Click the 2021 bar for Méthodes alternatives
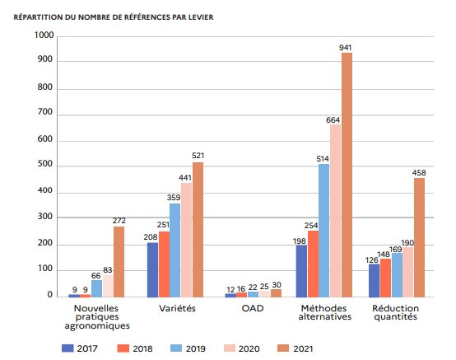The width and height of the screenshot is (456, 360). (x=347, y=175)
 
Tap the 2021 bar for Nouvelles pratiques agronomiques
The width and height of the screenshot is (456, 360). (x=119, y=261)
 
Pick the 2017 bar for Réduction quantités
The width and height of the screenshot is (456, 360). (x=375, y=280)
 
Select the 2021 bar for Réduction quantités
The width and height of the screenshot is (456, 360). (x=419, y=237)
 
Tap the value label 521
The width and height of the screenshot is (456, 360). (x=198, y=157)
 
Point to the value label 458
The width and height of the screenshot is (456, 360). (x=419, y=172)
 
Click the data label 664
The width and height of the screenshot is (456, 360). (x=333, y=119)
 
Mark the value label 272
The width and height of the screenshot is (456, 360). (x=119, y=221)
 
